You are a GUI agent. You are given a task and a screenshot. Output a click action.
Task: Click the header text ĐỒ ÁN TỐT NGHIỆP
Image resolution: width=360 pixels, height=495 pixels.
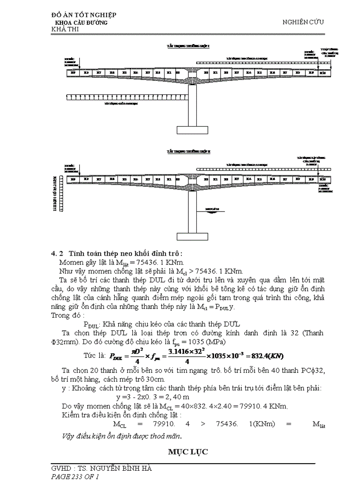pyautogui.click(x=84, y=15)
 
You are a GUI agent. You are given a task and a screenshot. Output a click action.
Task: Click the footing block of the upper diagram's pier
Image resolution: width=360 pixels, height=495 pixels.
pyautogui.click(x=192, y=130)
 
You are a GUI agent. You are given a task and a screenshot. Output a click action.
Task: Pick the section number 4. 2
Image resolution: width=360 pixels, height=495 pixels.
pyautogui.click(x=58, y=253)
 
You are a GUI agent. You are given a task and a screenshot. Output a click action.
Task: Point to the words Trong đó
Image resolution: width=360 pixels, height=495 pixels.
pyautogui.click(x=65, y=316)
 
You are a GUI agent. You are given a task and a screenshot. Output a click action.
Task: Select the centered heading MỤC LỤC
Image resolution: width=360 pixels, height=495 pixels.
pyautogui.click(x=187, y=452)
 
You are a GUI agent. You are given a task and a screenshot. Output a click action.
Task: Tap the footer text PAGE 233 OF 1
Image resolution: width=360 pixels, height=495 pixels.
pyautogui.click(x=75, y=476)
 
